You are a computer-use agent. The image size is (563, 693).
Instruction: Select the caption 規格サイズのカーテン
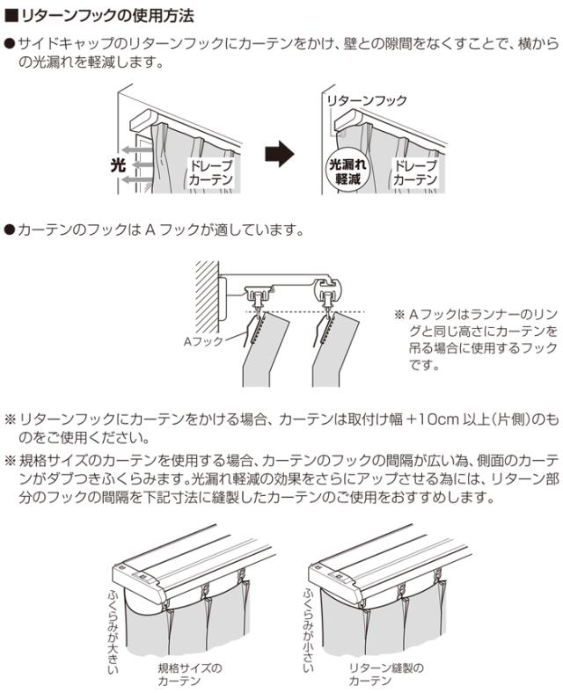click(x=190, y=675)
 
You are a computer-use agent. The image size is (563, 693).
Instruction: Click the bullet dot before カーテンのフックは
click(x=10, y=230)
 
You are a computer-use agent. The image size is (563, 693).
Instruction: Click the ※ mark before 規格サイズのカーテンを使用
click(x=11, y=460)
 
